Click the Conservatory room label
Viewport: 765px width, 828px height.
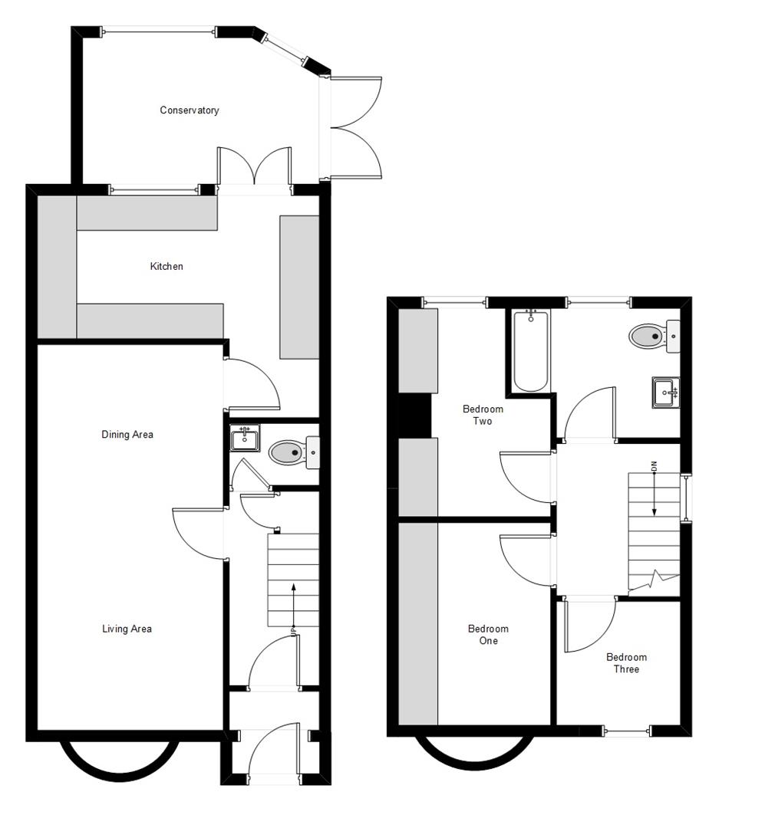point(189,110)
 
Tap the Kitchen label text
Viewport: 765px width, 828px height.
point(167,267)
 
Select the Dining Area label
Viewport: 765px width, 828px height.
point(127,435)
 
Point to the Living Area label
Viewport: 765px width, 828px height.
point(127,629)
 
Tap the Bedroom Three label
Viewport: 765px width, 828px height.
point(626,663)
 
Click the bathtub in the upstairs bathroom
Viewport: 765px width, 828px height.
point(530,350)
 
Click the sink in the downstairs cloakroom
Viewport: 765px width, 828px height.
point(245,439)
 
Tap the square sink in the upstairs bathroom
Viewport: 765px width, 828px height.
point(664,393)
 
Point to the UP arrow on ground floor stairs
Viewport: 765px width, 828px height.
point(293,606)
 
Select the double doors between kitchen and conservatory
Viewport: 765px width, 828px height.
point(254,169)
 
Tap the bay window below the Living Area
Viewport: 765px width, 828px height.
point(119,763)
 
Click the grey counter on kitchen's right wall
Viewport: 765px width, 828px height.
point(299,287)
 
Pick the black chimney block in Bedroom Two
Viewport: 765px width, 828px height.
point(415,415)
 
